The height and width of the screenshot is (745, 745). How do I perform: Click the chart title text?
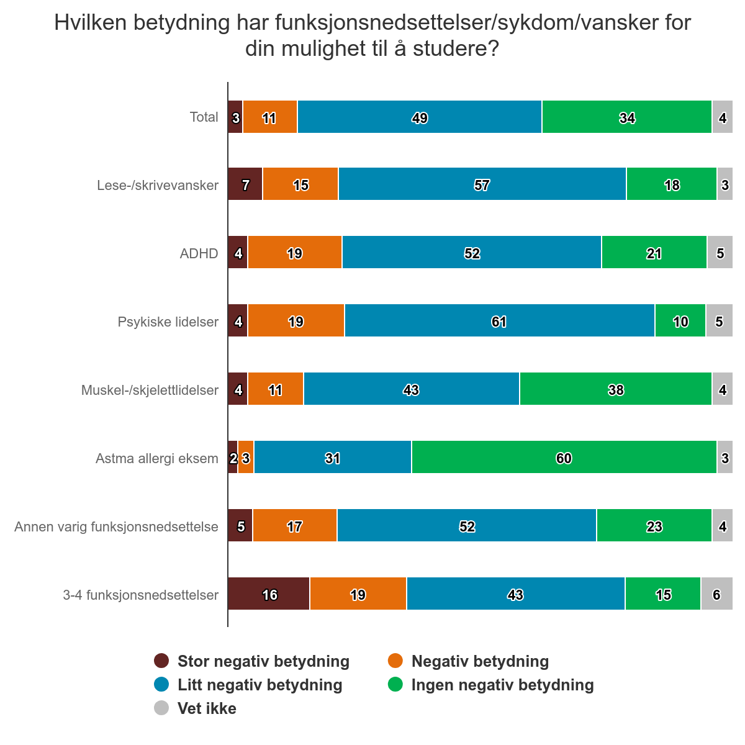pos(372,35)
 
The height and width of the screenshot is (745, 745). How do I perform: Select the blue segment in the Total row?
pos(420,117)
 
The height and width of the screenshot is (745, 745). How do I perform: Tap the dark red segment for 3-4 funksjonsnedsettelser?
pos(269,594)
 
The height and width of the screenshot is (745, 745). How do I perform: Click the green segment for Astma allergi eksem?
pos(564,458)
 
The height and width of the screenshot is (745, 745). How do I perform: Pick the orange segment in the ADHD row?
pos(295,253)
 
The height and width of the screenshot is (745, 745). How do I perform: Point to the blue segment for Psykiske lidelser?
pos(499,321)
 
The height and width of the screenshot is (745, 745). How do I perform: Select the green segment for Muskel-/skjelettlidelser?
pos(615,389)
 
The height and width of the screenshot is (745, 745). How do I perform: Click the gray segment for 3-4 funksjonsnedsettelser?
pos(716,594)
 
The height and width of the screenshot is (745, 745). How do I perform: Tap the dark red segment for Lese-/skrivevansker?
pos(245,184)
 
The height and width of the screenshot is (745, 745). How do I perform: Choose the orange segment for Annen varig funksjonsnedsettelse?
pos(295,526)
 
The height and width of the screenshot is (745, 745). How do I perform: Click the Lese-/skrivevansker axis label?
pos(158,185)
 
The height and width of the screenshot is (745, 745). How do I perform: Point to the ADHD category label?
pos(199,253)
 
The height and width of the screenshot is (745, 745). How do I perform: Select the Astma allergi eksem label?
pos(157,458)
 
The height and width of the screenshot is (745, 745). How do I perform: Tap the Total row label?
pos(204,117)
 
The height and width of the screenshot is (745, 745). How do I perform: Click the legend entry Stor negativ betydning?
pos(263,661)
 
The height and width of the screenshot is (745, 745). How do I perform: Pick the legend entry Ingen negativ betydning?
pos(502,685)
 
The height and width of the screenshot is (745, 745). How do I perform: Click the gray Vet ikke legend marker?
pos(161,708)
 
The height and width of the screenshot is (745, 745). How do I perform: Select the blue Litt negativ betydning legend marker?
pos(161,685)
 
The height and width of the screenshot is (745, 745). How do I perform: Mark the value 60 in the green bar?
pos(564,458)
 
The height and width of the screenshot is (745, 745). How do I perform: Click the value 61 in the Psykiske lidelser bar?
pos(499,322)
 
